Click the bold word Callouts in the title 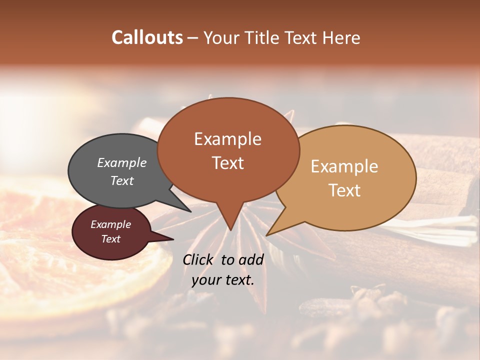[x=147, y=37]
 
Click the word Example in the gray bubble [x=121, y=163]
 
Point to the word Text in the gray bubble [x=121, y=180]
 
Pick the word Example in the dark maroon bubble [x=110, y=224]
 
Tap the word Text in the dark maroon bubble [x=110, y=239]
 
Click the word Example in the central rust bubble [x=227, y=139]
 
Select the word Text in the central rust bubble [x=227, y=163]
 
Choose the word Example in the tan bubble [x=344, y=166]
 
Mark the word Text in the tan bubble [x=344, y=190]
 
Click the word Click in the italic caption [x=198, y=259]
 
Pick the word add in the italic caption [x=251, y=259]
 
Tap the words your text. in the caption [x=222, y=280]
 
